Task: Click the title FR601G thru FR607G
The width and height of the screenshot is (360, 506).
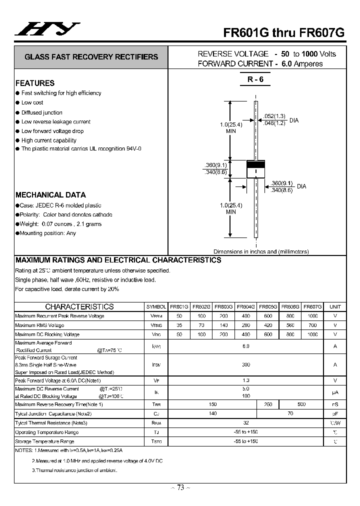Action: click(283, 31)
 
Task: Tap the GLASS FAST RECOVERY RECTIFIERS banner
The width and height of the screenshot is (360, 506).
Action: click(91, 57)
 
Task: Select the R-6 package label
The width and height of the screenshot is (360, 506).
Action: click(255, 79)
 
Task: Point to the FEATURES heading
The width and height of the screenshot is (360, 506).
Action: click(35, 83)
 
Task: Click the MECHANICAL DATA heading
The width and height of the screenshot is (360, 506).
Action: click(50, 195)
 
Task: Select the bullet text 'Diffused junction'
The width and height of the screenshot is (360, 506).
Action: click(42, 112)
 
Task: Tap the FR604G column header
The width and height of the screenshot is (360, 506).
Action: click(245, 306)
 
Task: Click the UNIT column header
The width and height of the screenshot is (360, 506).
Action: click(335, 306)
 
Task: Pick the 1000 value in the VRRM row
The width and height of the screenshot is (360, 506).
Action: click(312, 316)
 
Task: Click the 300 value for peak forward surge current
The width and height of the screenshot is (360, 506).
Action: click(245, 365)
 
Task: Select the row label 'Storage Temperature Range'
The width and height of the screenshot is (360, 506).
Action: click(44, 441)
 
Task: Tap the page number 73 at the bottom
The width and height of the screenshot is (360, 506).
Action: click(180, 488)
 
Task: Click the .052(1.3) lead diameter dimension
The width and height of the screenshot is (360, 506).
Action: click(274, 116)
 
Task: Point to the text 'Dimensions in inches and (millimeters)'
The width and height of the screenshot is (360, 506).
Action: click(261, 251)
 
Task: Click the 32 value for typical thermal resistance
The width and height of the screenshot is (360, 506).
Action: click(245, 423)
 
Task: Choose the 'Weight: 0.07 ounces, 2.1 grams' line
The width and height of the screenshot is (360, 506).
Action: click(61, 224)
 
